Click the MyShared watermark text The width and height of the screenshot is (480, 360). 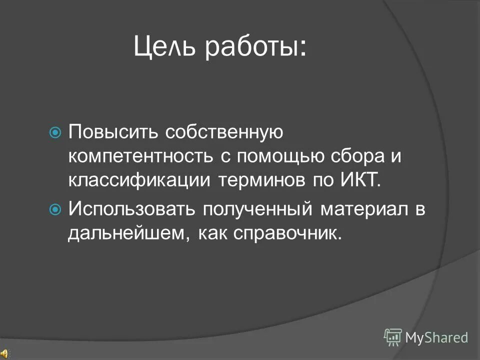(436, 337)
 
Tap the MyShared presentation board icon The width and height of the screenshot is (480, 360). (393, 337)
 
